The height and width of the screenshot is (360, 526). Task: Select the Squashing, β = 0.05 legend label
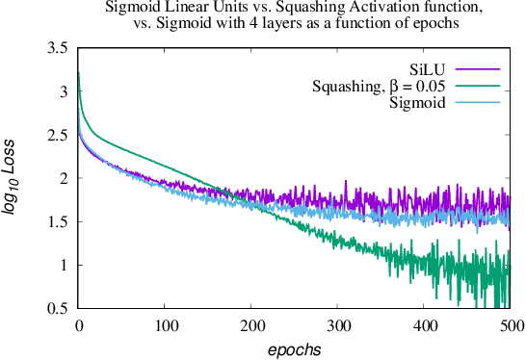379,87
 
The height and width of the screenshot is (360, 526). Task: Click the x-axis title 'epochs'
294,347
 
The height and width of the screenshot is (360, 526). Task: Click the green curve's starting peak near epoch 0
78,73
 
